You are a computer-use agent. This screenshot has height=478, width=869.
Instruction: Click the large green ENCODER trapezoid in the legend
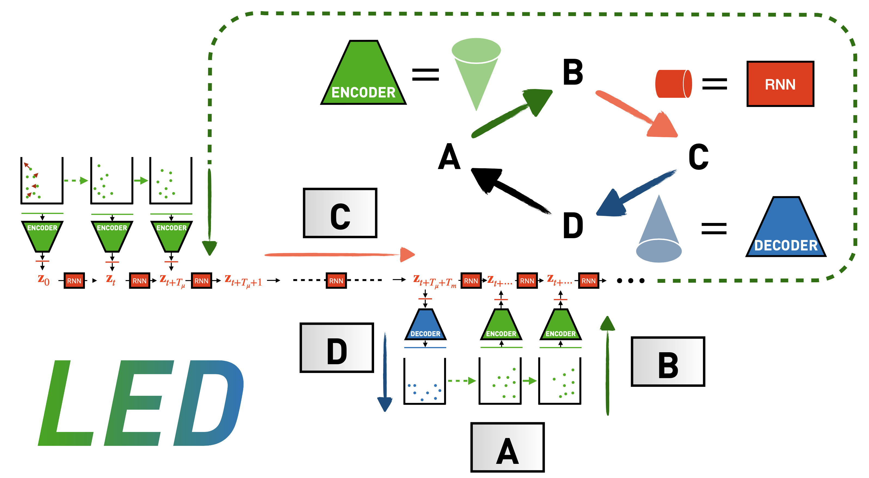(363, 76)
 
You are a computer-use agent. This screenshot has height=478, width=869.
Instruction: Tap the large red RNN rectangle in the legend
(780, 84)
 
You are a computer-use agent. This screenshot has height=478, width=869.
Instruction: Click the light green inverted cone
(476, 71)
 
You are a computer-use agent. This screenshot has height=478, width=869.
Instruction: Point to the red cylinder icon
(673, 84)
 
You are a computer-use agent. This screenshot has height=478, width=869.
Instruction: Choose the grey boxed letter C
(340, 213)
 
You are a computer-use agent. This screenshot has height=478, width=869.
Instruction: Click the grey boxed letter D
(337, 348)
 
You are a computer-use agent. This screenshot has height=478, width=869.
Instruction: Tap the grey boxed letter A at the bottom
(507, 447)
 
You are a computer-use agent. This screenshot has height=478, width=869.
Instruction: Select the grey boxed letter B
(668, 361)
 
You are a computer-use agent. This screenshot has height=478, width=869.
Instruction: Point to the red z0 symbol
(44, 280)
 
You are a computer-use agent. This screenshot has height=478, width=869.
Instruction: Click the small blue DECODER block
(426, 326)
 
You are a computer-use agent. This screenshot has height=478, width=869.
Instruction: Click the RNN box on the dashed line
(336, 281)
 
